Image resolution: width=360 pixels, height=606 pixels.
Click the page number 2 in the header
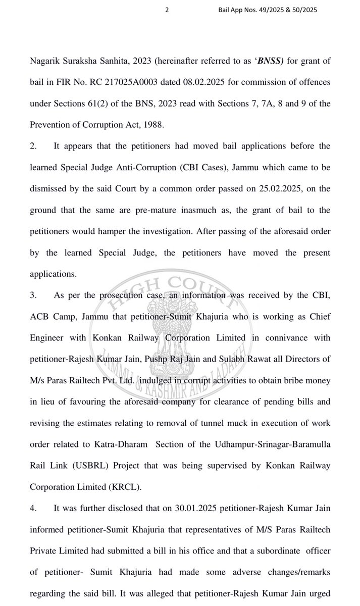point(167,10)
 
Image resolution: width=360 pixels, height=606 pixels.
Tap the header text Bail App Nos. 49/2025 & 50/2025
point(268,10)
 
